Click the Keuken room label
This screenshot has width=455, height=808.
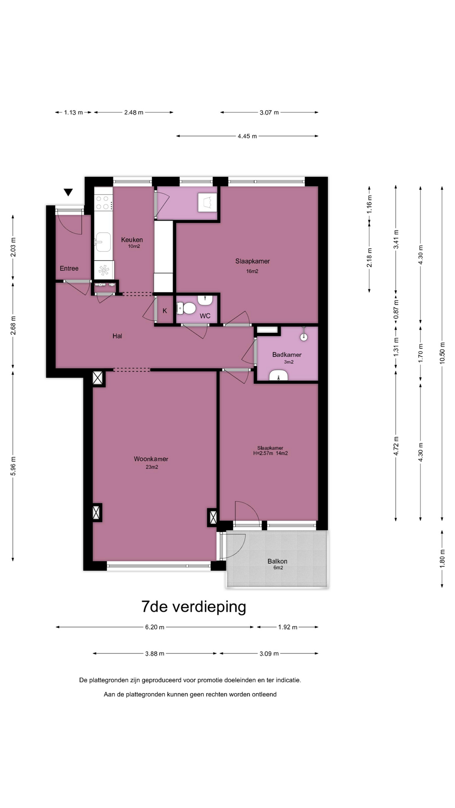tap(132, 240)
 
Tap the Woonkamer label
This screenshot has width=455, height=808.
tap(151, 459)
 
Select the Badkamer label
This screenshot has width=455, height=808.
tap(287, 355)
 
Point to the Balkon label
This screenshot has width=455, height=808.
tap(277, 561)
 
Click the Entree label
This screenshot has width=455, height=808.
tap(69, 268)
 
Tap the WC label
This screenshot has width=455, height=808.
tap(205, 316)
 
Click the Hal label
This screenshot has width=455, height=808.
tap(117, 336)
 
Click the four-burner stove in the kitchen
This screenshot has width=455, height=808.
tap(103, 202)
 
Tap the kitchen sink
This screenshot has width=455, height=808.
tap(102, 242)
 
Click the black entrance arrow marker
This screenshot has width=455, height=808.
tap(68, 192)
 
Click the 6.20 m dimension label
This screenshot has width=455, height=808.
tap(155, 627)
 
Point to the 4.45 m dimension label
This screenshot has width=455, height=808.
tap(247, 136)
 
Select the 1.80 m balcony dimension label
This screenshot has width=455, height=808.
tap(442, 559)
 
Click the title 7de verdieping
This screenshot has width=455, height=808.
tap(194, 607)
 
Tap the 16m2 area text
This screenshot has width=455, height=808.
tap(252, 271)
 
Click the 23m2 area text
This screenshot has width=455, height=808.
tap(152, 467)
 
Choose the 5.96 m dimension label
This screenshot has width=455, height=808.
tap(13, 466)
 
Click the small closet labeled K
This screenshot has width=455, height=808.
tap(165, 311)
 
